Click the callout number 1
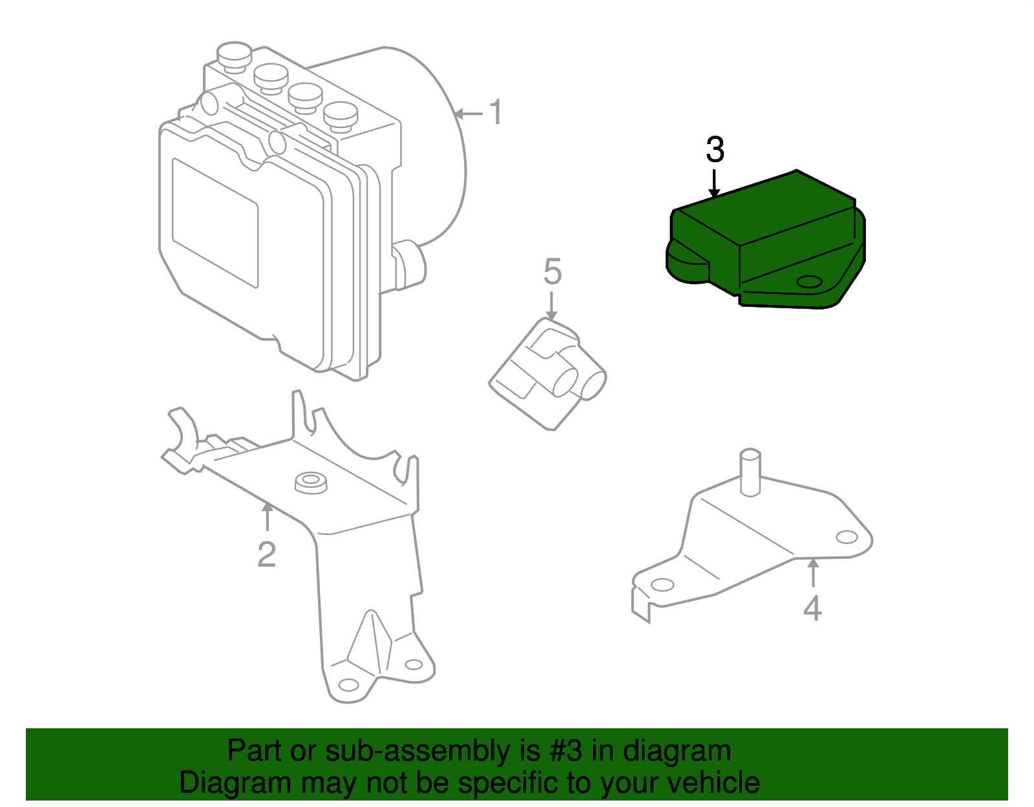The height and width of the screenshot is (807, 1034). pyautogui.click(x=496, y=112)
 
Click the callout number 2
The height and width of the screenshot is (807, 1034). pyautogui.click(x=266, y=554)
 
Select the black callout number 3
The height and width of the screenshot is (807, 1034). pyautogui.click(x=715, y=150)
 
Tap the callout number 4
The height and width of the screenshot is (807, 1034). pyautogui.click(x=812, y=607)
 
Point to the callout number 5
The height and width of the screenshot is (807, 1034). pyautogui.click(x=553, y=271)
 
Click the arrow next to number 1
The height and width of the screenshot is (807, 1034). pyautogui.click(x=468, y=114)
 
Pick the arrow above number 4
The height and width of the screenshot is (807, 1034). pyautogui.click(x=813, y=572)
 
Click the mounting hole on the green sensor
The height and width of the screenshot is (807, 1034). pyautogui.click(x=808, y=282)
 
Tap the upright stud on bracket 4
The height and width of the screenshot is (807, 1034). pyautogui.click(x=750, y=472)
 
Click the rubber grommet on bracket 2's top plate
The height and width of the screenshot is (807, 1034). pyautogui.click(x=311, y=483)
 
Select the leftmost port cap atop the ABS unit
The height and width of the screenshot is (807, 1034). pyautogui.click(x=234, y=54)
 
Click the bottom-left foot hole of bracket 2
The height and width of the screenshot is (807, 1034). pyautogui.click(x=348, y=685)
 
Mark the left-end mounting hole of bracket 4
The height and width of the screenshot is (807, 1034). pyautogui.click(x=662, y=585)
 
